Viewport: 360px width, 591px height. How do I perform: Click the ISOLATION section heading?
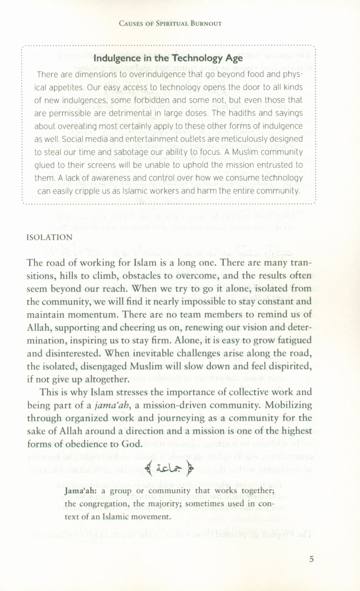click(49, 238)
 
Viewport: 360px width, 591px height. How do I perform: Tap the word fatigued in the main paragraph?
click(290, 340)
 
